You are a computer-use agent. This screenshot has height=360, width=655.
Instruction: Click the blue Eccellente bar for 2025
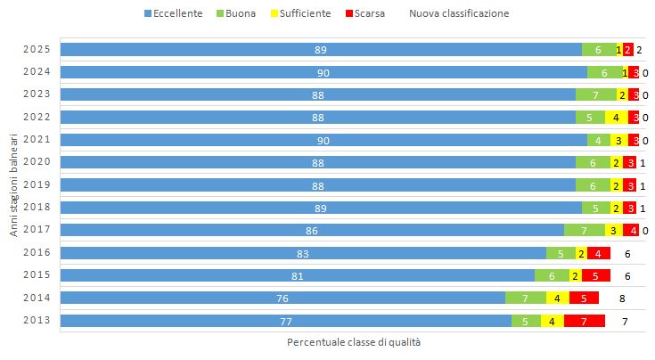tap(320, 50)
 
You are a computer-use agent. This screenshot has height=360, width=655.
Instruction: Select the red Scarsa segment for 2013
tap(584, 321)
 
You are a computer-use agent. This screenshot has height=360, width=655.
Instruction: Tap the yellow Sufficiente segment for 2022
tap(616, 118)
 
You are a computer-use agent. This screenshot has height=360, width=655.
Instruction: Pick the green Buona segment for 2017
tap(584, 230)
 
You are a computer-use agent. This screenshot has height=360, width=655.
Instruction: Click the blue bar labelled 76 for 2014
tap(282, 298)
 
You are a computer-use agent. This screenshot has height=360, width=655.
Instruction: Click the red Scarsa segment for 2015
tap(595, 275)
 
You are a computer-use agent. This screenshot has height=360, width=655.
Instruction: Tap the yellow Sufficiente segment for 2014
tap(557, 298)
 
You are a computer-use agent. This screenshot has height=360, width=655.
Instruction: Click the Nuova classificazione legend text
tap(459, 13)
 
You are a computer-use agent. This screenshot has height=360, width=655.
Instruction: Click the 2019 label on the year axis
tap(36, 184)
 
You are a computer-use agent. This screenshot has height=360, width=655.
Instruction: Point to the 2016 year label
tap(36, 252)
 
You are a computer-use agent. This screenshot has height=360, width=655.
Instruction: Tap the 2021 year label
tap(36, 140)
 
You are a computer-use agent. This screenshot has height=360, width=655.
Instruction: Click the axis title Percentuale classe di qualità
tap(353, 342)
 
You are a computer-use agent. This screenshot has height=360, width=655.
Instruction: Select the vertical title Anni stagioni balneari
tap(13, 185)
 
